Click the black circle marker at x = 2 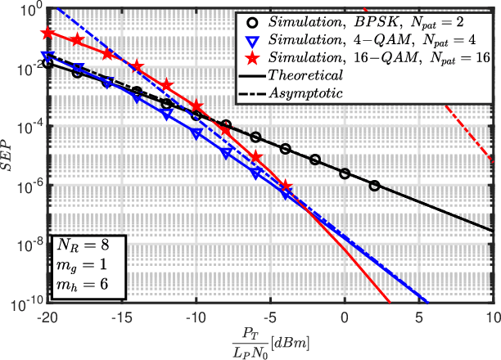[x=375, y=186]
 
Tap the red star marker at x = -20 [x=47, y=33]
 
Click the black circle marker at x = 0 [x=345, y=173]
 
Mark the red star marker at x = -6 [x=255, y=157]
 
